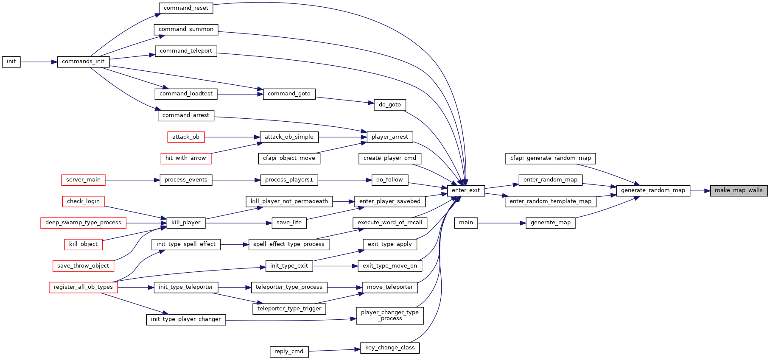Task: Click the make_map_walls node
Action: [x=739, y=190]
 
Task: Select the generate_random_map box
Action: [x=653, y=190]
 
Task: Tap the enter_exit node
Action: [x=466, y=190]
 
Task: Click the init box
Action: [x=11, y=61]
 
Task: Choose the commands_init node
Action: [x=83, y=61]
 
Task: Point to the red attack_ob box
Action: [x=186, y=137]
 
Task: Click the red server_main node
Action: [x=83, y=180]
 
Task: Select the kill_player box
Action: [x=186, y=223]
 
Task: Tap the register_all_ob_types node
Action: [x=83, y=287]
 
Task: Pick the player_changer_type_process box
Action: [x=390, y=315]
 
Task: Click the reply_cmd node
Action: [x=289, y=352]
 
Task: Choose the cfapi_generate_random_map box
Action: [x=551, y=158]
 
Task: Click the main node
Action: [x=466, y=223]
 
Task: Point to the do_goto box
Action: [x=390, y=105]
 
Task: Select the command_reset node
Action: [x=186, y=8]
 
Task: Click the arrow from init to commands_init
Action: [x=39, y=62]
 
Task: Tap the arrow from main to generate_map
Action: [x=502, y=223]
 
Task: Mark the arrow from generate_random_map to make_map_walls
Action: [x=700, y=191]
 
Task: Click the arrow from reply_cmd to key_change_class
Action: [x=334, y=350]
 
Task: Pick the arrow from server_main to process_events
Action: [x=132, y=180]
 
